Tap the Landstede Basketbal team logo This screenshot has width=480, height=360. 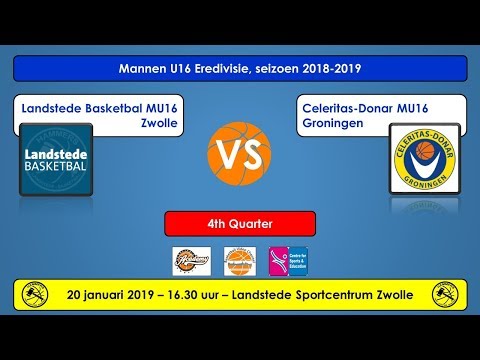click(x=55, y=159)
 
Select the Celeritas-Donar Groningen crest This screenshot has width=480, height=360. click(x=424, y=159)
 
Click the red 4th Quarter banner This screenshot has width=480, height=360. click(x=240, y=223)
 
